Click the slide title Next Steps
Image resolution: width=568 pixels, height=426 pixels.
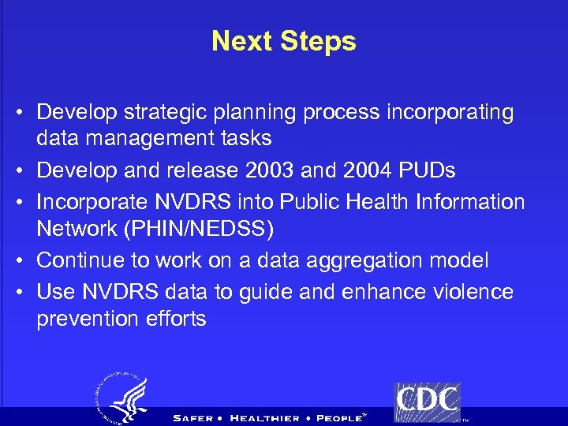coord(283,41)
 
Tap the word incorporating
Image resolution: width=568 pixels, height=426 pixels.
coord(450,113)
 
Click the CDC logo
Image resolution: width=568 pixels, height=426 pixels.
coord(427,402)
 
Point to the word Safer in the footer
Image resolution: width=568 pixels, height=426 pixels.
coord(192,418)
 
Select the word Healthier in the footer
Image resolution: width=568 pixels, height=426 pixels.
coord(264,418)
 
